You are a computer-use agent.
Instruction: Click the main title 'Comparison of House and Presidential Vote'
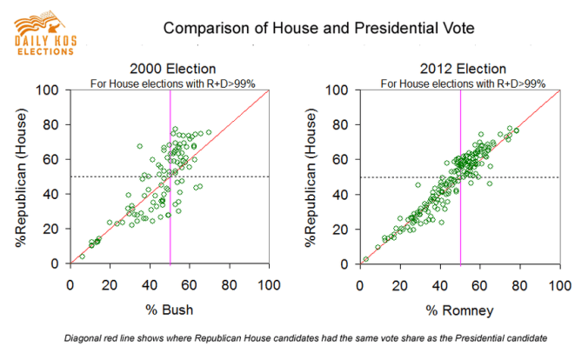pyautogui.click(x=319, y=29)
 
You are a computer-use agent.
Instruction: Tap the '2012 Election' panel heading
pyautogui.click(x=460, y=70)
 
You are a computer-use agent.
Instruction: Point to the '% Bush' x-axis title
pyautogui.click(x=170, y=311)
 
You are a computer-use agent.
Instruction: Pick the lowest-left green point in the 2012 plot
pyautogui.click(x=366, y=259)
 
